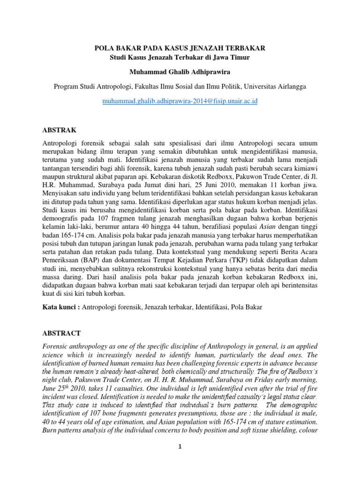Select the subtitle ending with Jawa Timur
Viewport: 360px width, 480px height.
pyautogui.click(x=180, y=58)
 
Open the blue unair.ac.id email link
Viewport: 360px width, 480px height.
pyautogui.click(x=180, y=101)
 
